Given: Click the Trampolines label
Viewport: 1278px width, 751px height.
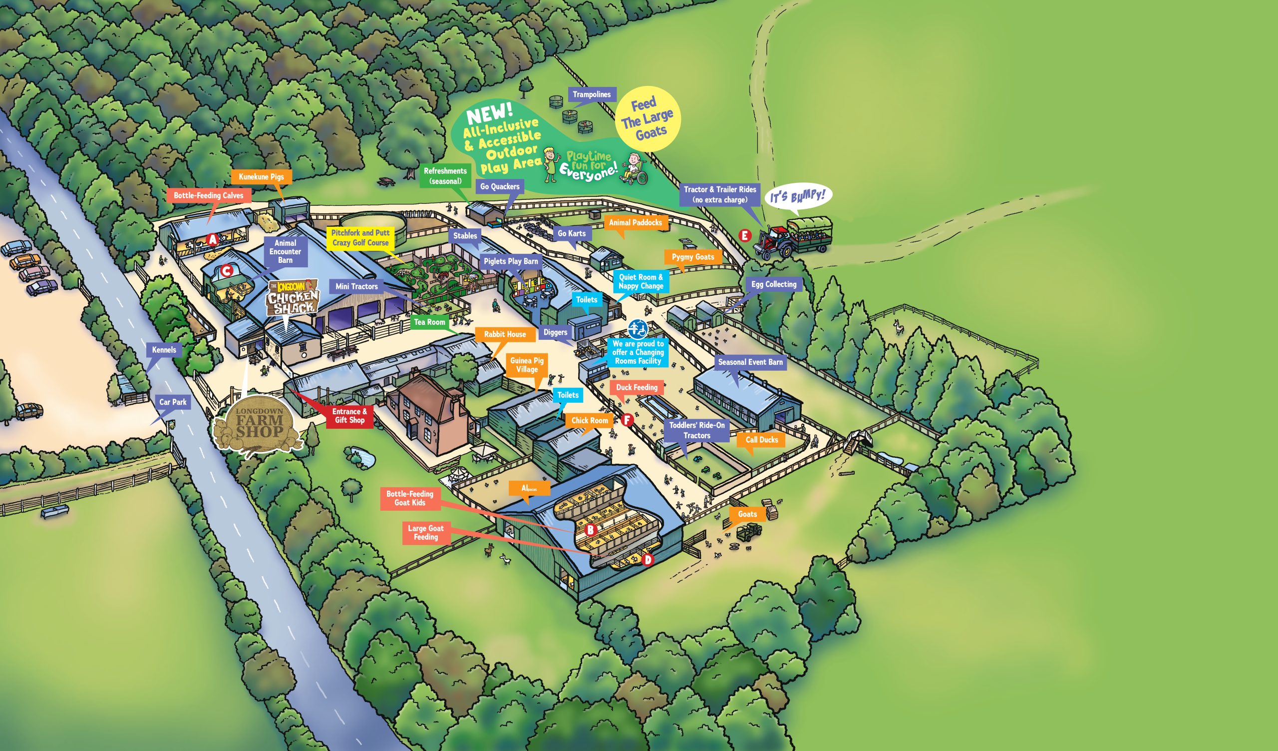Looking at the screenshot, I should (x=592, y=94).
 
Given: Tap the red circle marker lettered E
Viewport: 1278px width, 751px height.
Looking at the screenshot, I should (x=744, y=235).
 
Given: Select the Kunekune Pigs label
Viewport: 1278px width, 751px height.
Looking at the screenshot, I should (x=261, y=176).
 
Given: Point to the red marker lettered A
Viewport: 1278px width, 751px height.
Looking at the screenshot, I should (x=213, y=239).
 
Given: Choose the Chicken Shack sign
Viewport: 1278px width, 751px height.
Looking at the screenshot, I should (x=293, y=298).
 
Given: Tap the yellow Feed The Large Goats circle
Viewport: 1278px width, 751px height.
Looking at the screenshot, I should (x=647, y=119).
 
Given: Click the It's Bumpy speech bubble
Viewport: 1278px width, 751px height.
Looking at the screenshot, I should (x=798, y=196).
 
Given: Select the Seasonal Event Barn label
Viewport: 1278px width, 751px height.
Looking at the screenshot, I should (x=750, y=362).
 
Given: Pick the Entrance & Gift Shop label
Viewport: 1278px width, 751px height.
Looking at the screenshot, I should (x=349, y=416).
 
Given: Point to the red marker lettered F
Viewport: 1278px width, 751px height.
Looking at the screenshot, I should (x=628, y=420).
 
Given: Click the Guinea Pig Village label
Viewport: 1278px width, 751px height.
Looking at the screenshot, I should (x=526, y=365).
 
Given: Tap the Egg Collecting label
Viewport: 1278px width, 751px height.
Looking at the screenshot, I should (x=773, y=284).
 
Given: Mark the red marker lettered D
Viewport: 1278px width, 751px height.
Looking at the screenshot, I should (x=647, y=560).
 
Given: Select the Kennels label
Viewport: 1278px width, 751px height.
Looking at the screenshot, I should (x=164, y=350).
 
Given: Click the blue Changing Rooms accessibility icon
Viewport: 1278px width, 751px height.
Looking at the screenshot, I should (x=638, y=329).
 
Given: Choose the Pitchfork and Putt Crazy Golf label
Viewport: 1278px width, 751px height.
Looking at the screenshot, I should (x=360, y=237).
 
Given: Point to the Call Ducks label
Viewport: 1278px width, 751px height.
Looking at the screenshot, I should (x=761, y=440).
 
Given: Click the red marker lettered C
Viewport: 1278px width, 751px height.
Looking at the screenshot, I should (x=226, y=270).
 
